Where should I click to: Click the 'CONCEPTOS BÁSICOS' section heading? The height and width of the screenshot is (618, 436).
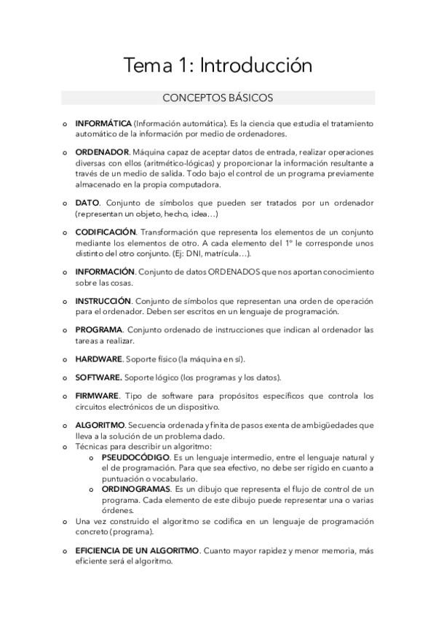[218, 98]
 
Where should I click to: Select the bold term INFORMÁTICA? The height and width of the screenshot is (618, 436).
[103, 123]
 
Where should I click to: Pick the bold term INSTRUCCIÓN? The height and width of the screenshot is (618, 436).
[103, 300]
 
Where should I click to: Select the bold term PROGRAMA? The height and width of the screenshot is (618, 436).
[98, 329]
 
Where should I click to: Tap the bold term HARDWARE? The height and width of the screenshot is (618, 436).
[98, 359]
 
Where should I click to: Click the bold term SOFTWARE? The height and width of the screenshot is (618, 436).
[98, 378]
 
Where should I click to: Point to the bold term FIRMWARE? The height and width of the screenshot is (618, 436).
[97, 396]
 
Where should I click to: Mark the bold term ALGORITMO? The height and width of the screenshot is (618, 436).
[100, 425]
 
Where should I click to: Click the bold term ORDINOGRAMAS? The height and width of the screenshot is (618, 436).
[136, 489]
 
